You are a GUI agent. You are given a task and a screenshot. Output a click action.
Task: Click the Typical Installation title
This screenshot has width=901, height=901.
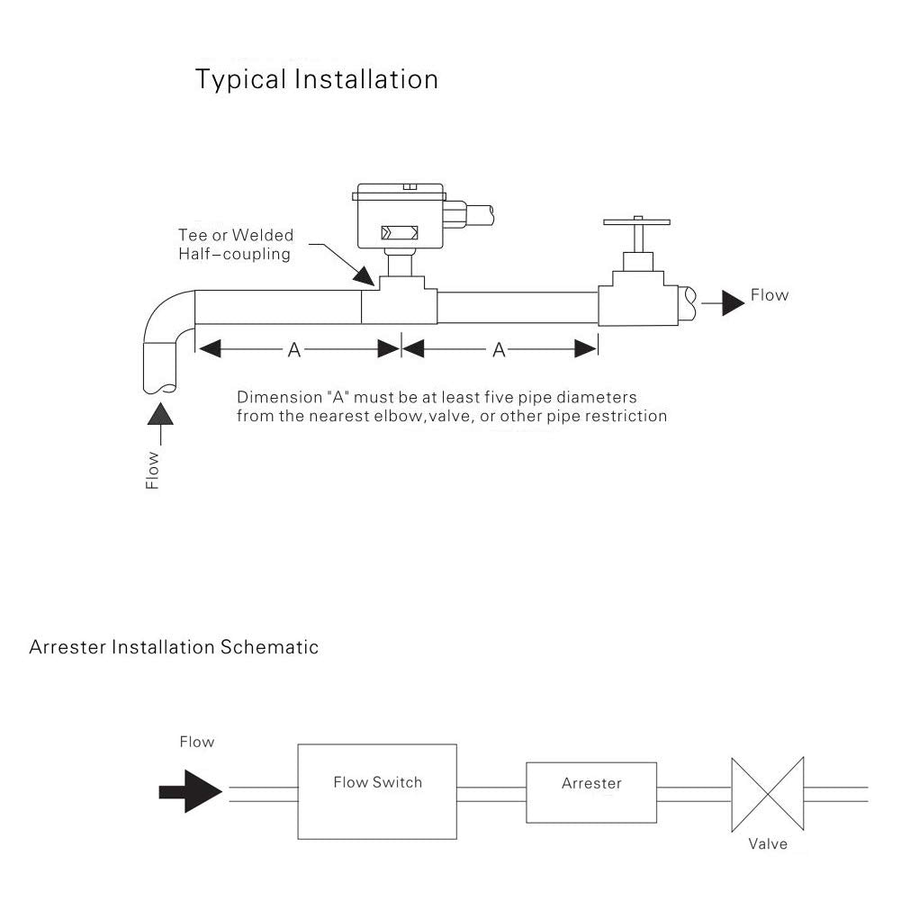(x=317, y=80)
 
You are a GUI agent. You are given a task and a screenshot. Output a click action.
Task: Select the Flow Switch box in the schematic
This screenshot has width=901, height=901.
(x=377, y=791)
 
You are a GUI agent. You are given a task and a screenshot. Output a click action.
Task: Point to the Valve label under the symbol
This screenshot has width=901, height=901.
(x=768, y=843)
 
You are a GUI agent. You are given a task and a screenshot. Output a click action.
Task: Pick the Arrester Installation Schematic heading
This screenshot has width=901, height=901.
(x=174, y=647)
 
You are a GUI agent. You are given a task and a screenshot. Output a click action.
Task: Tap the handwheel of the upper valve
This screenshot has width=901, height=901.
(x=637, y=221)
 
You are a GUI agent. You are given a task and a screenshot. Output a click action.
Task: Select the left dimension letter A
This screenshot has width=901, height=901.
(x=294, y=350)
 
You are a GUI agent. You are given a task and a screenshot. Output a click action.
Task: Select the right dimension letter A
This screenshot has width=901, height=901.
(x=500, y=350)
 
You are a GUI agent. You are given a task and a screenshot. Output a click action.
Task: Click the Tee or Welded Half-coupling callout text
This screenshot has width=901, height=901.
(x=235, y=245)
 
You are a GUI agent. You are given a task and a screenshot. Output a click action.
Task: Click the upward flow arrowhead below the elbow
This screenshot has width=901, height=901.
(x=161, y=415)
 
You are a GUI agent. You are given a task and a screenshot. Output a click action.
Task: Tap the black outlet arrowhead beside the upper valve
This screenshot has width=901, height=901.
(x=733, y=303)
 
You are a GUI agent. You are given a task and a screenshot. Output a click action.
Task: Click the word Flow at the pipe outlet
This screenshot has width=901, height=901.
(x=770, y=295)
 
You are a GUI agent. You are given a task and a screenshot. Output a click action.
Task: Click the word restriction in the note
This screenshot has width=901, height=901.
(x=626, y=416)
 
